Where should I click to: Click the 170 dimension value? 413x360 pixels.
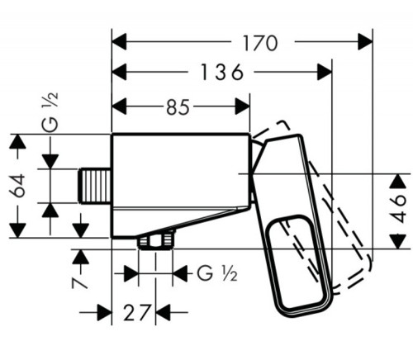coord(260,43)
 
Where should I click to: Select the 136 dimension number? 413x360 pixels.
coord(222,73)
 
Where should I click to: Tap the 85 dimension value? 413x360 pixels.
coord(178,107)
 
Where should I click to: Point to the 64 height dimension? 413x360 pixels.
coord(17,186)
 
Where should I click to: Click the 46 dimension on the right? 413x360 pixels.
coord(399,208)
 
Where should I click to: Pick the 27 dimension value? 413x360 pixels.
coord(137,312)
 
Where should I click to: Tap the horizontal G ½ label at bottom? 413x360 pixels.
coord(216,273)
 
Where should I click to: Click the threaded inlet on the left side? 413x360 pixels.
coord(95,186)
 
